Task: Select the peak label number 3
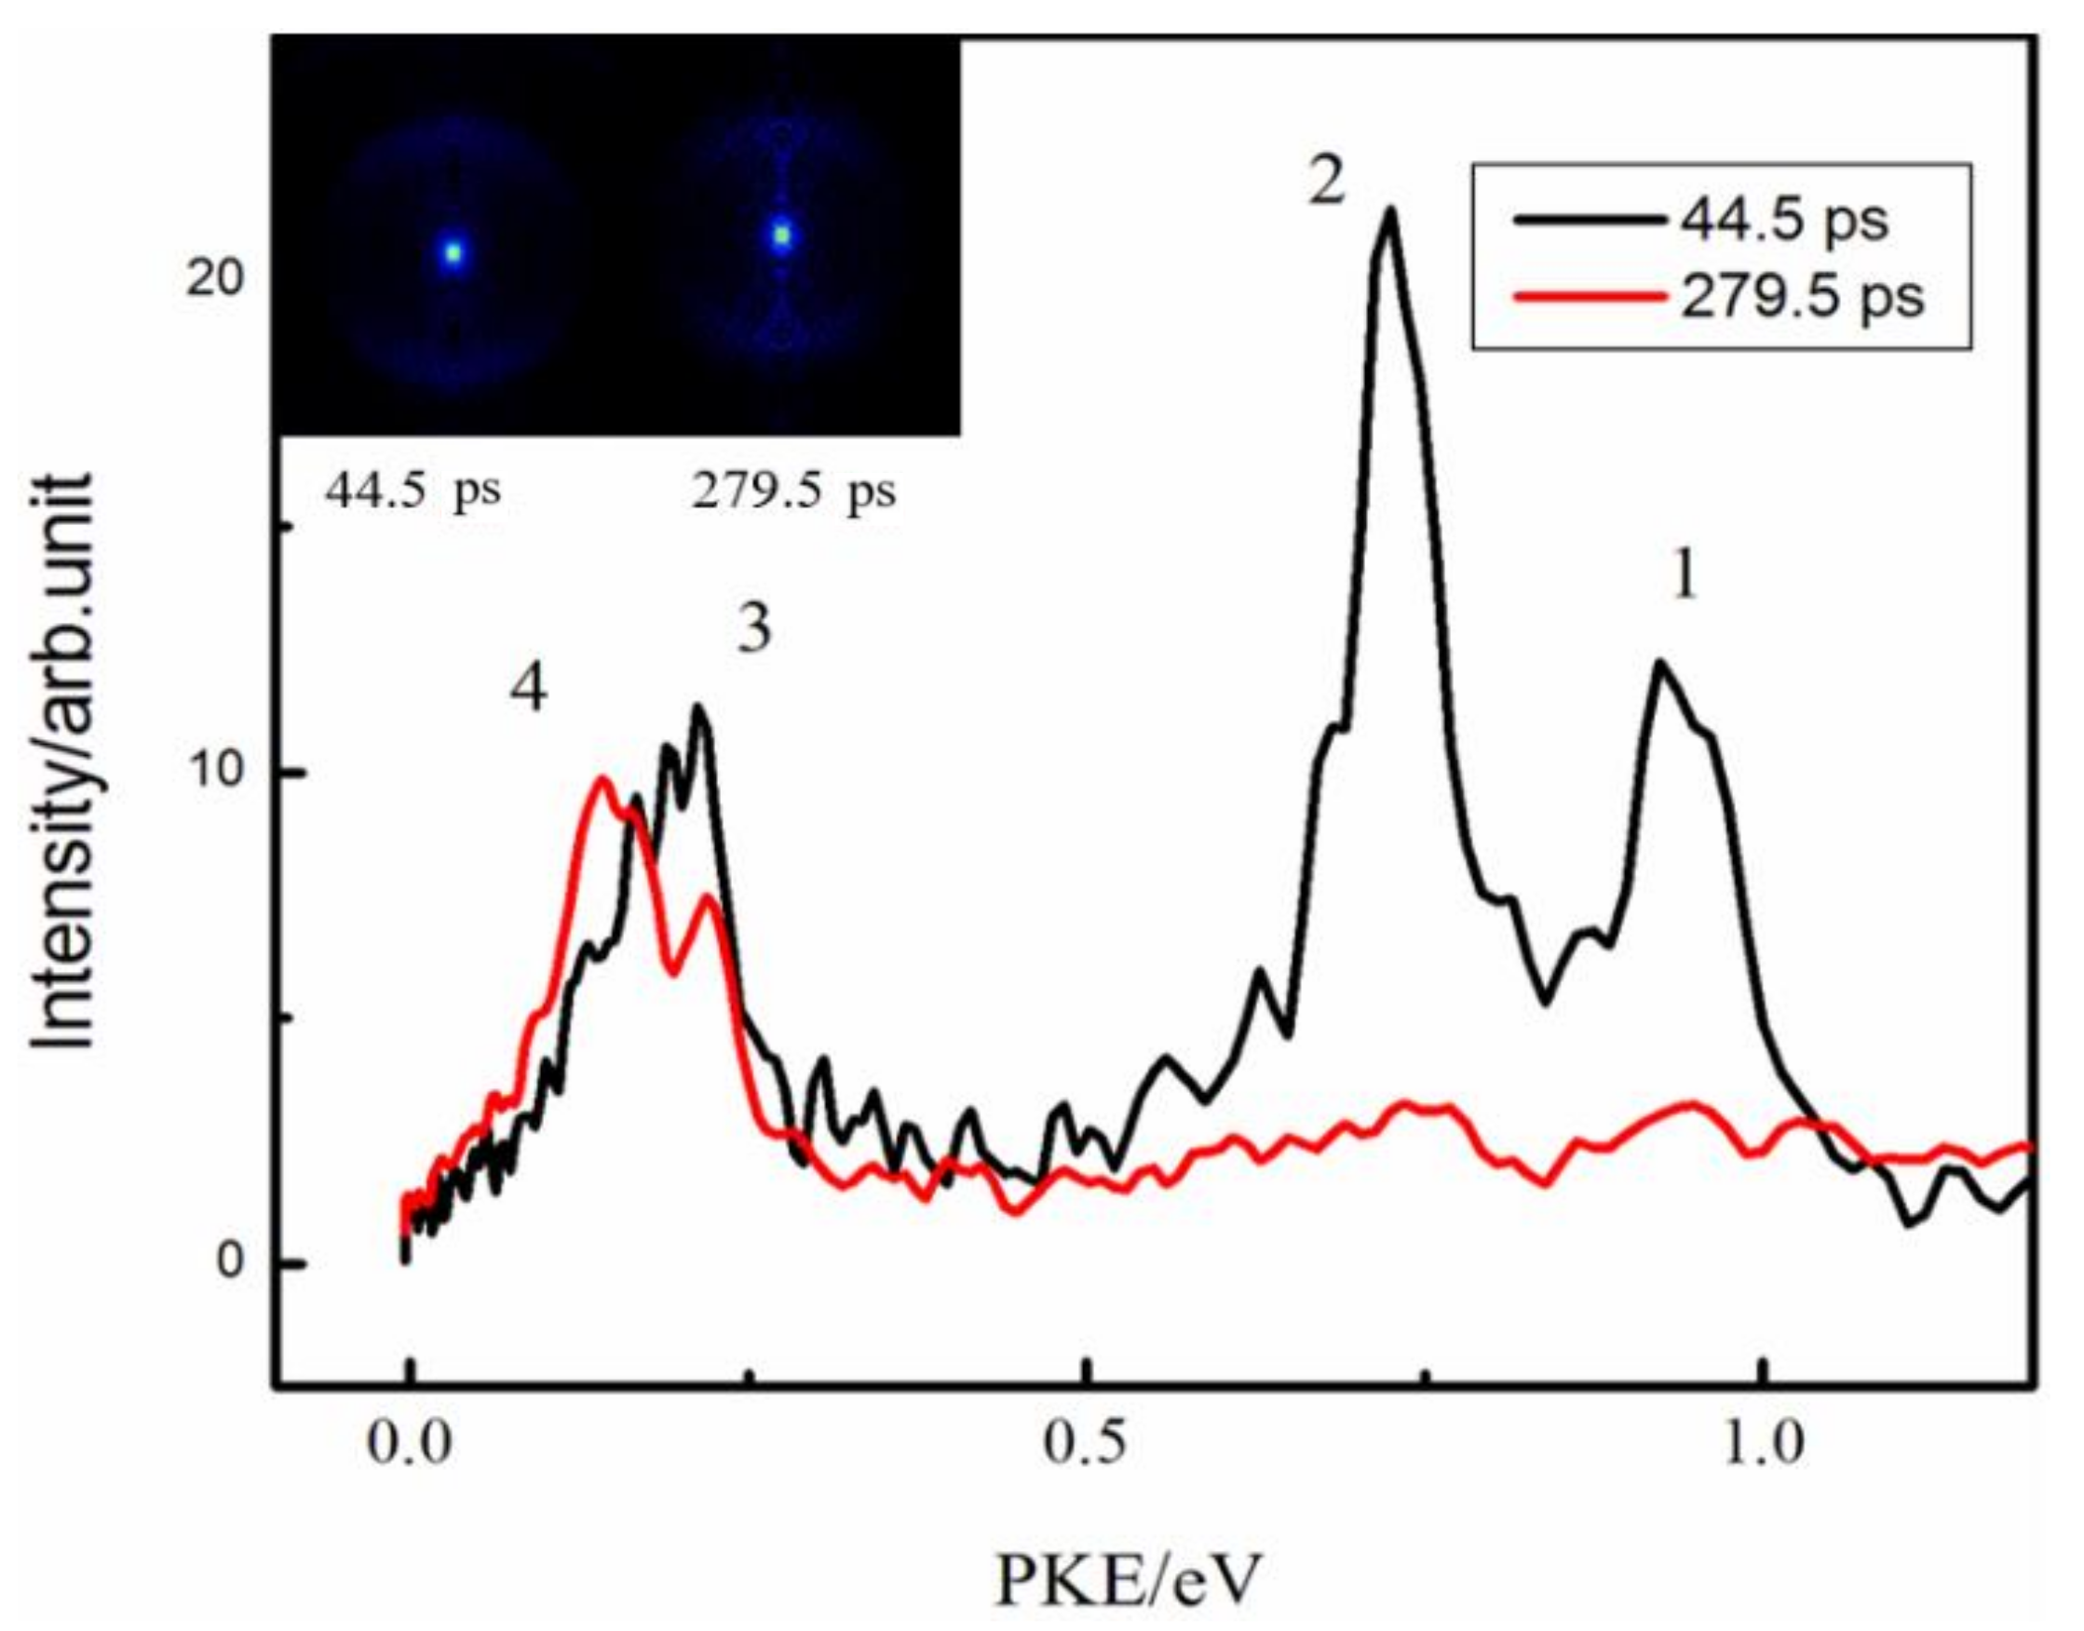754,631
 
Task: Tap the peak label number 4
528,690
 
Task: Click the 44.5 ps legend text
1784,221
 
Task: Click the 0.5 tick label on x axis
1081,1445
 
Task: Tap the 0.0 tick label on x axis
409,1445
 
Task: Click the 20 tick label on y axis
216,282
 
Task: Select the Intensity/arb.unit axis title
64,764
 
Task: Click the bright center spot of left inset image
453,253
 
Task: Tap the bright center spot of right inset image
782,235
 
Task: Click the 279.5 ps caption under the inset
793,492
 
